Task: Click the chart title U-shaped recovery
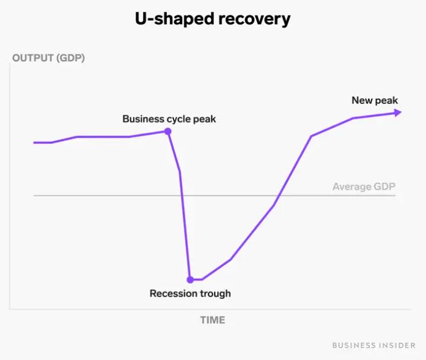point(213,19)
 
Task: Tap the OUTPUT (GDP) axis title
point(48,59)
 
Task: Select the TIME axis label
point(213,320)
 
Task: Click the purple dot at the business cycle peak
point(167,131)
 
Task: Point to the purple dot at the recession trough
point(190,279)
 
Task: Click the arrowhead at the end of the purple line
point(398,112)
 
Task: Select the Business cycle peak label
point(169,119)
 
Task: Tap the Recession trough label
point(190,293)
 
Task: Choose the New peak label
point(375,100)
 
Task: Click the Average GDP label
point(364,186)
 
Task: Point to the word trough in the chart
point(214,293)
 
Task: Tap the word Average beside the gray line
point(352,186)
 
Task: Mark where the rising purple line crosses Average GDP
point(278,196)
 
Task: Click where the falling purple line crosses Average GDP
point(182,196)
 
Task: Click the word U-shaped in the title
point(171,19)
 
